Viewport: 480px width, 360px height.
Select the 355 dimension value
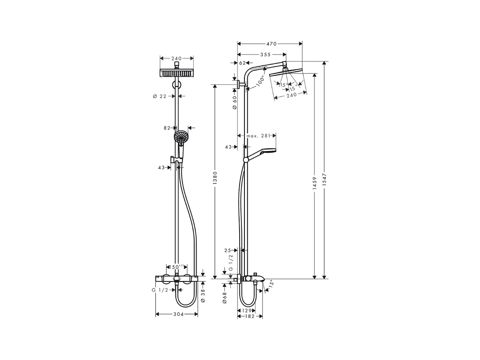pos(265,54)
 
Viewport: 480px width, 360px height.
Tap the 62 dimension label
pos(242,63)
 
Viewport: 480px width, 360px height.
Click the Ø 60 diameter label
pos(235,102)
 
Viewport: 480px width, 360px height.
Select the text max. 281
pos(259,136)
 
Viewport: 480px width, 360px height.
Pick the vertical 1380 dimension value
pos(215,178)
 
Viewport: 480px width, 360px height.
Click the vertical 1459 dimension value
pos(314,183)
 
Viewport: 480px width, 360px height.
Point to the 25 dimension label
pos(228,250)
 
